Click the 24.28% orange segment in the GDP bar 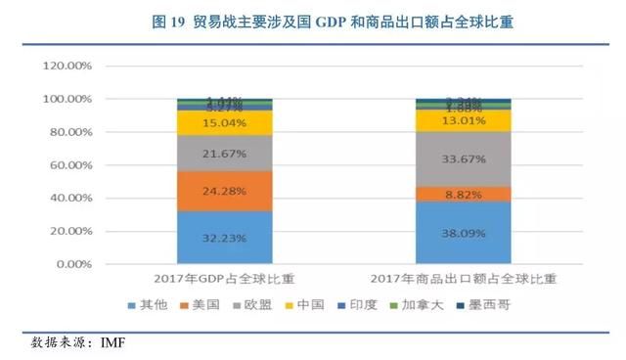[224, 191]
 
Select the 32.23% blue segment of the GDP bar [224, 238]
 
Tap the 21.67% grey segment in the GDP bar [224, 153]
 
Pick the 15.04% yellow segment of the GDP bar [224, 122]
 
